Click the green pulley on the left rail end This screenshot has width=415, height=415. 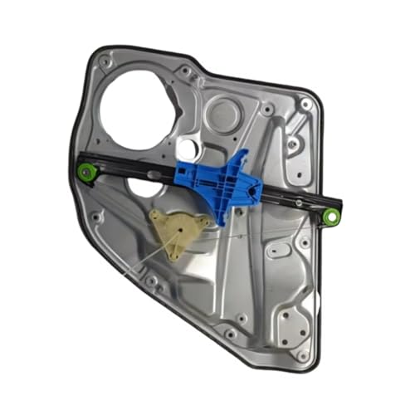coord(85,173)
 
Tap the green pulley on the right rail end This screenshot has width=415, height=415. coord(331,217)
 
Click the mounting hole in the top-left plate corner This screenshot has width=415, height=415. coord(104,62)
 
